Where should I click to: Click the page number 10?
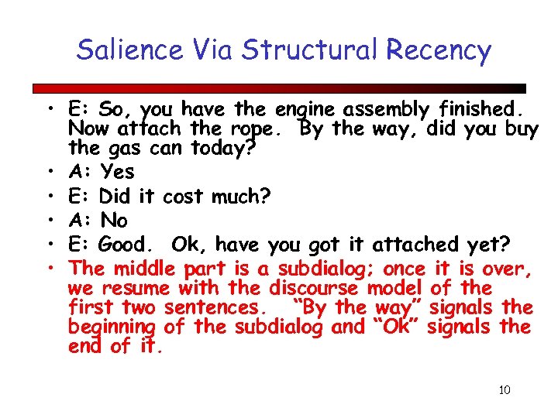505,389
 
